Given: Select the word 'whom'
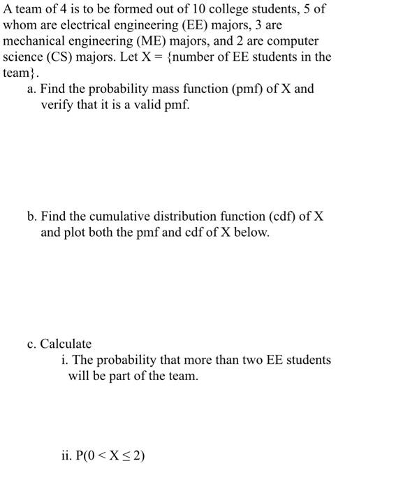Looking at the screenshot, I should tap(19, 25).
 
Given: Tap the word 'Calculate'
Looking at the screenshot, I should tap(66, 344).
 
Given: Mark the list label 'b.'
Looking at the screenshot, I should tap(32, 217).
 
